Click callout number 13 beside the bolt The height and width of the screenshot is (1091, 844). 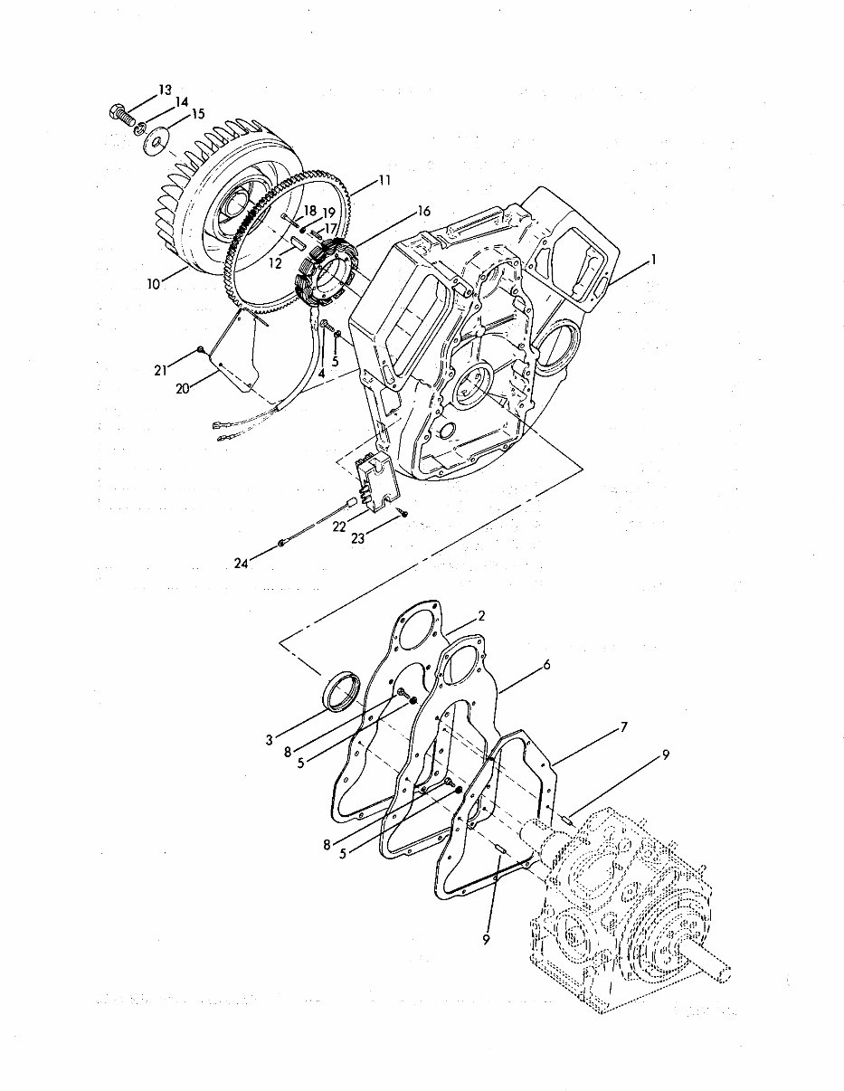pos(165,90)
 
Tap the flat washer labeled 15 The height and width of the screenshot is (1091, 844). pos(160,138)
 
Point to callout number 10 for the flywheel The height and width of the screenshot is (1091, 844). pos(153,283)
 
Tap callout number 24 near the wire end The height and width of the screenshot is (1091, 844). pos(240,563)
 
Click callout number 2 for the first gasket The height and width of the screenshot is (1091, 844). pos(481,615)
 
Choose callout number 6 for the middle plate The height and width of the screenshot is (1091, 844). pos(546,665)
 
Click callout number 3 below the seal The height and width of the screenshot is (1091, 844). pos(270,740)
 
